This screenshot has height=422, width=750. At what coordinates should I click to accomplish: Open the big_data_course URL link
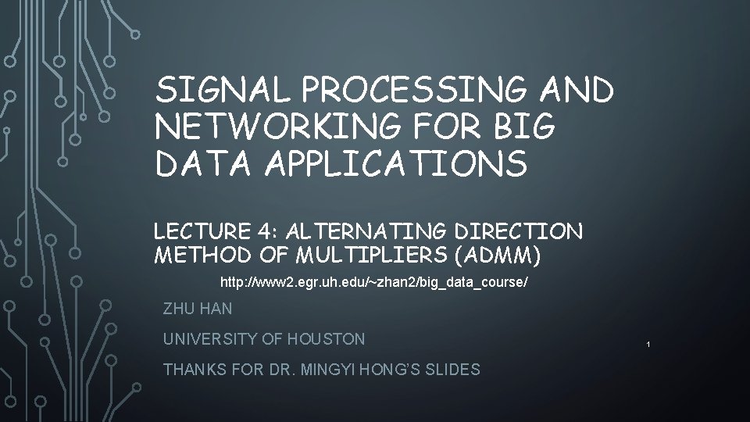pos(374,281)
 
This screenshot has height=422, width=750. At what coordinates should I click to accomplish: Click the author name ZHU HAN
pos(198,309)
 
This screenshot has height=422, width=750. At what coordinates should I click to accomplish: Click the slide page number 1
pos(648,344)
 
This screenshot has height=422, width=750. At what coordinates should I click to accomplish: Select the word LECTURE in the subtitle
pos(200,232)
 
